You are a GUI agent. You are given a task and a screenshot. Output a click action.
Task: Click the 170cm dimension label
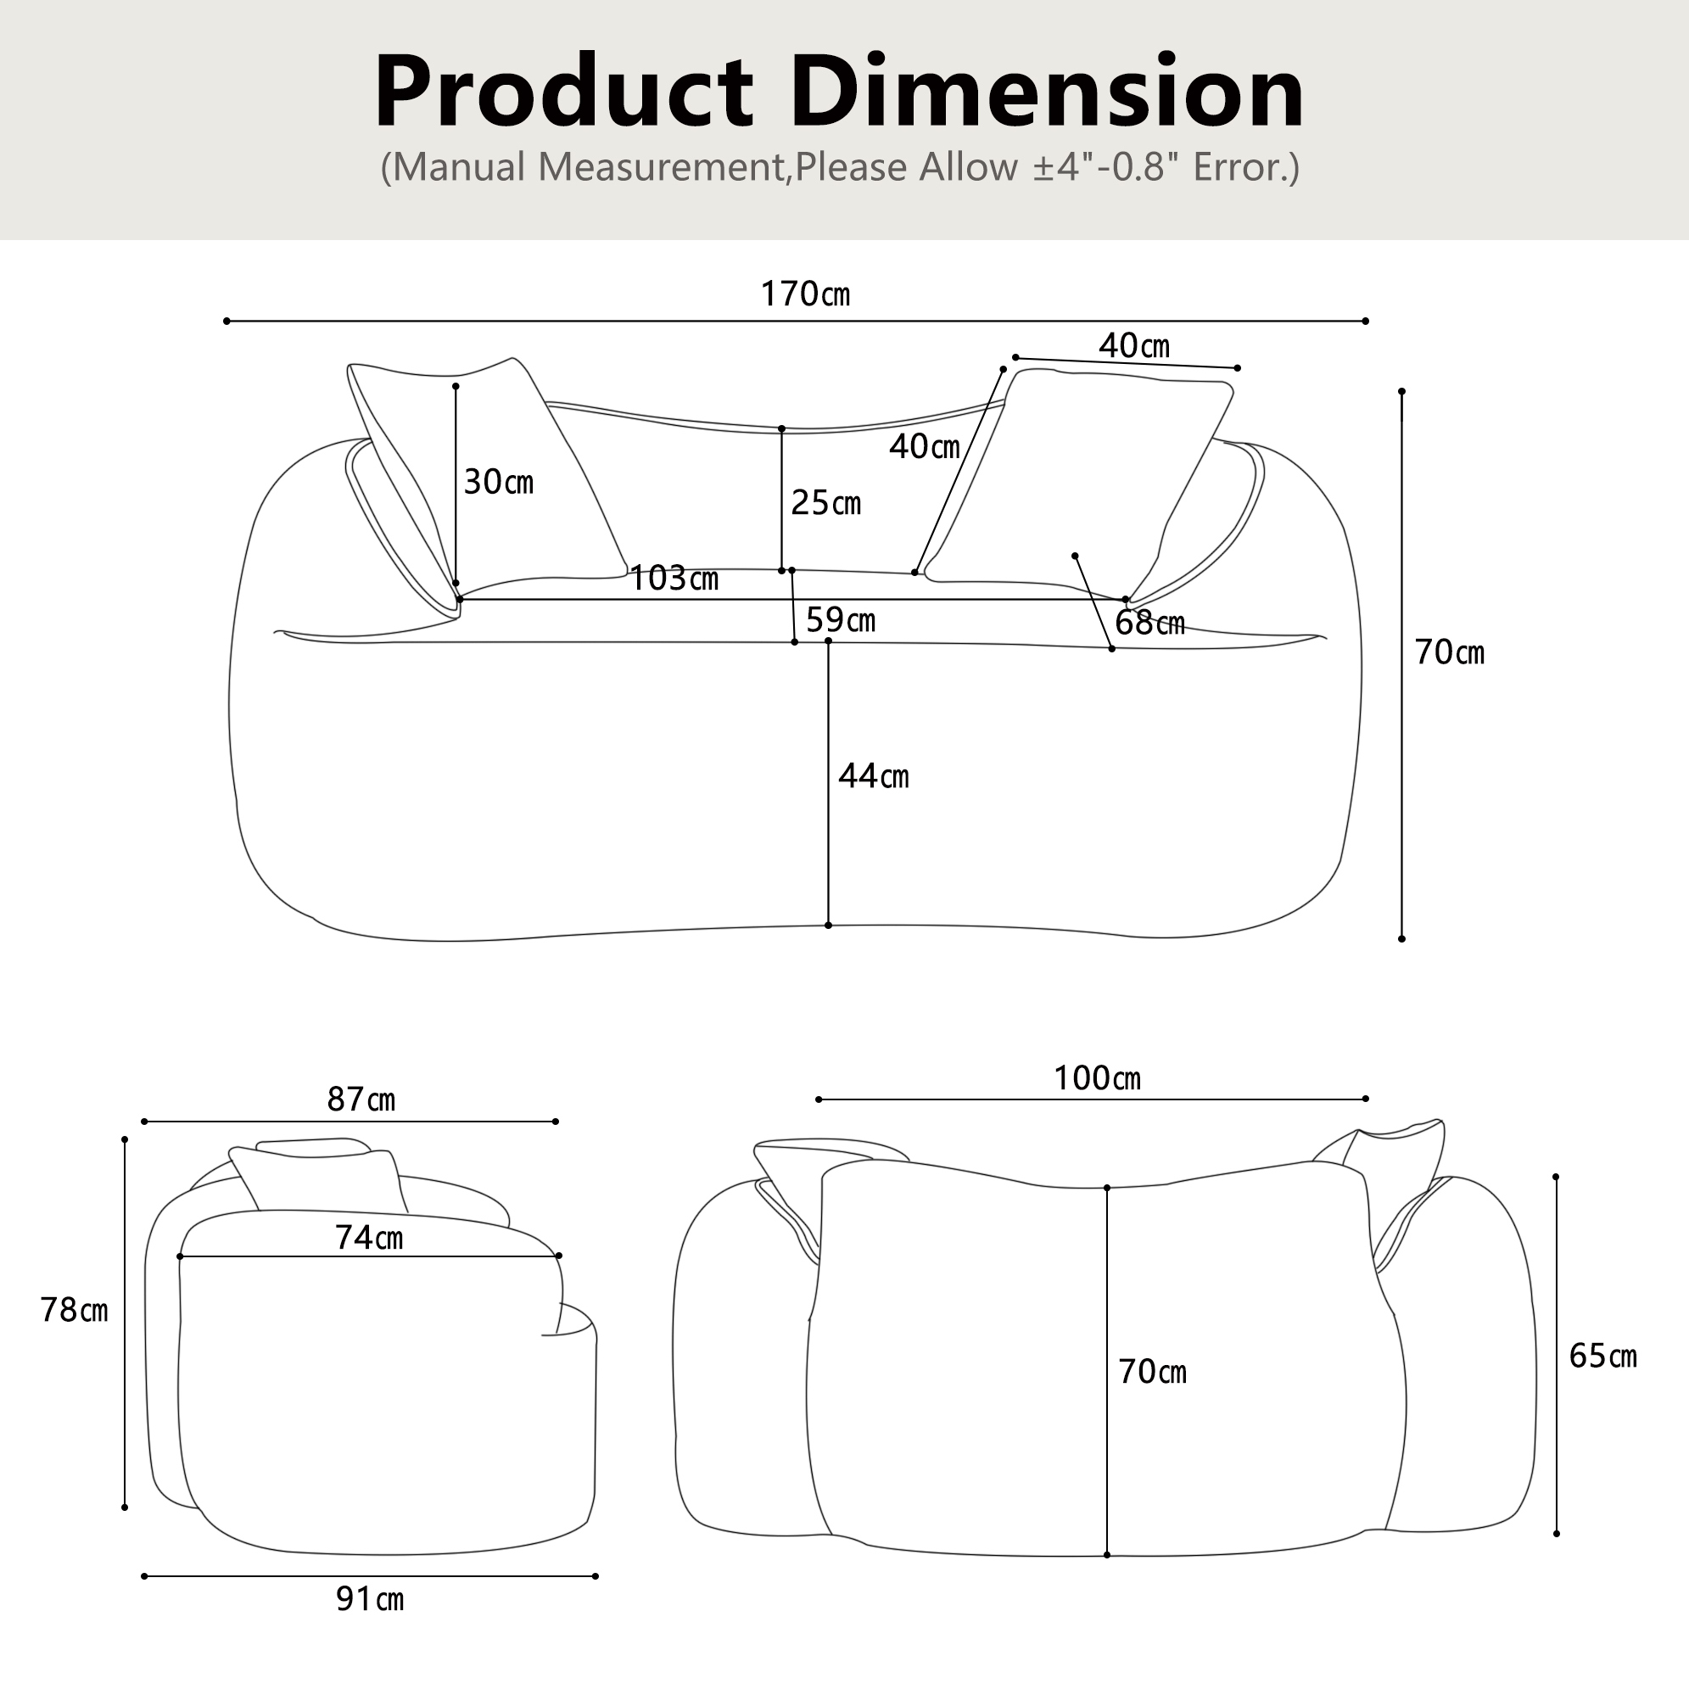point(804,294)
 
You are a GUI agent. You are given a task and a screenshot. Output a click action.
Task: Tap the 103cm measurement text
point(674,578)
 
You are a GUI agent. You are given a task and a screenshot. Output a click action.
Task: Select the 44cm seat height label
point(874,775)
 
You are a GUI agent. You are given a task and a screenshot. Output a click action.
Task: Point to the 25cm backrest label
point(826,503)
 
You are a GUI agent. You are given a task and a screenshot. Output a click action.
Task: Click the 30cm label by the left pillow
point(498,482)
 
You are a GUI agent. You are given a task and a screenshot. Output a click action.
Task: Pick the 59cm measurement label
point(840,620)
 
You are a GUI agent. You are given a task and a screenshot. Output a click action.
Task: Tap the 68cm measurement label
point(1149,623)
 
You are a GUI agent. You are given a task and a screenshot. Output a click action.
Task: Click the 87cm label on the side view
point(361,1099)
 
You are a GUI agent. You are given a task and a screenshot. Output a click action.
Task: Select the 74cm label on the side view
point(369,1237)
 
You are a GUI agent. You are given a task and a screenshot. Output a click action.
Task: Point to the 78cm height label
point(75,1310)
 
